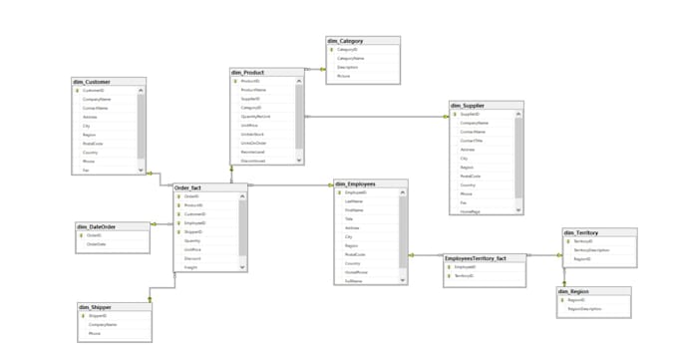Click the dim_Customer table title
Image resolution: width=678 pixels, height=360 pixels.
pos(92,82)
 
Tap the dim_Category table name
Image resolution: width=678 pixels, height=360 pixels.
pos(345,41)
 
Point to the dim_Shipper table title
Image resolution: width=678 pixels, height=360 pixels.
pos(97,307)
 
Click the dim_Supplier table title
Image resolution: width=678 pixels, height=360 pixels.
pos(470,105)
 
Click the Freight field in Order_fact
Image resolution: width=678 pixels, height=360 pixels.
pos(192,267)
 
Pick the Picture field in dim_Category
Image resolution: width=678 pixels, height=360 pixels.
pos(344,76)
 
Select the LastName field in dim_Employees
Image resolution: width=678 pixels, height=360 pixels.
pos(354,201)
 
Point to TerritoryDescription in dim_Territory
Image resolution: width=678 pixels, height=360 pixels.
pos(591,250)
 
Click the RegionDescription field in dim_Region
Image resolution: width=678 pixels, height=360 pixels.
pos(585,309)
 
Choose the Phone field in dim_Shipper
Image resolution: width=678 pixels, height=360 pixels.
pos(95,333)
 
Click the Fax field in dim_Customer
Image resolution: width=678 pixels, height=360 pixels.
pos(87,171)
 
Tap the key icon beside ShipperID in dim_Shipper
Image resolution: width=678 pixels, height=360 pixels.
pos(82,316)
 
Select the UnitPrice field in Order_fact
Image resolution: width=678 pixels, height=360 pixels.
pos(193,249)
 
